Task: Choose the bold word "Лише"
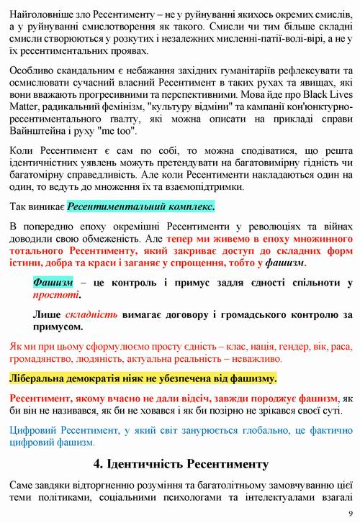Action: pyautogui.click(x=47, y=314)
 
